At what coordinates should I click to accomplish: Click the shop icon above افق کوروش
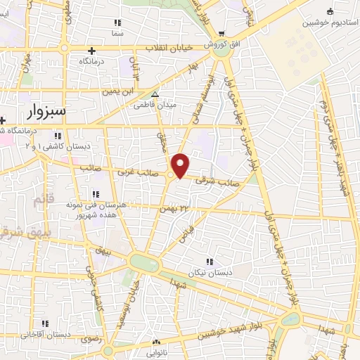click(x=221, y=34)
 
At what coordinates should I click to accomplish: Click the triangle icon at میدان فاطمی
click(x=155, y=94)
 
